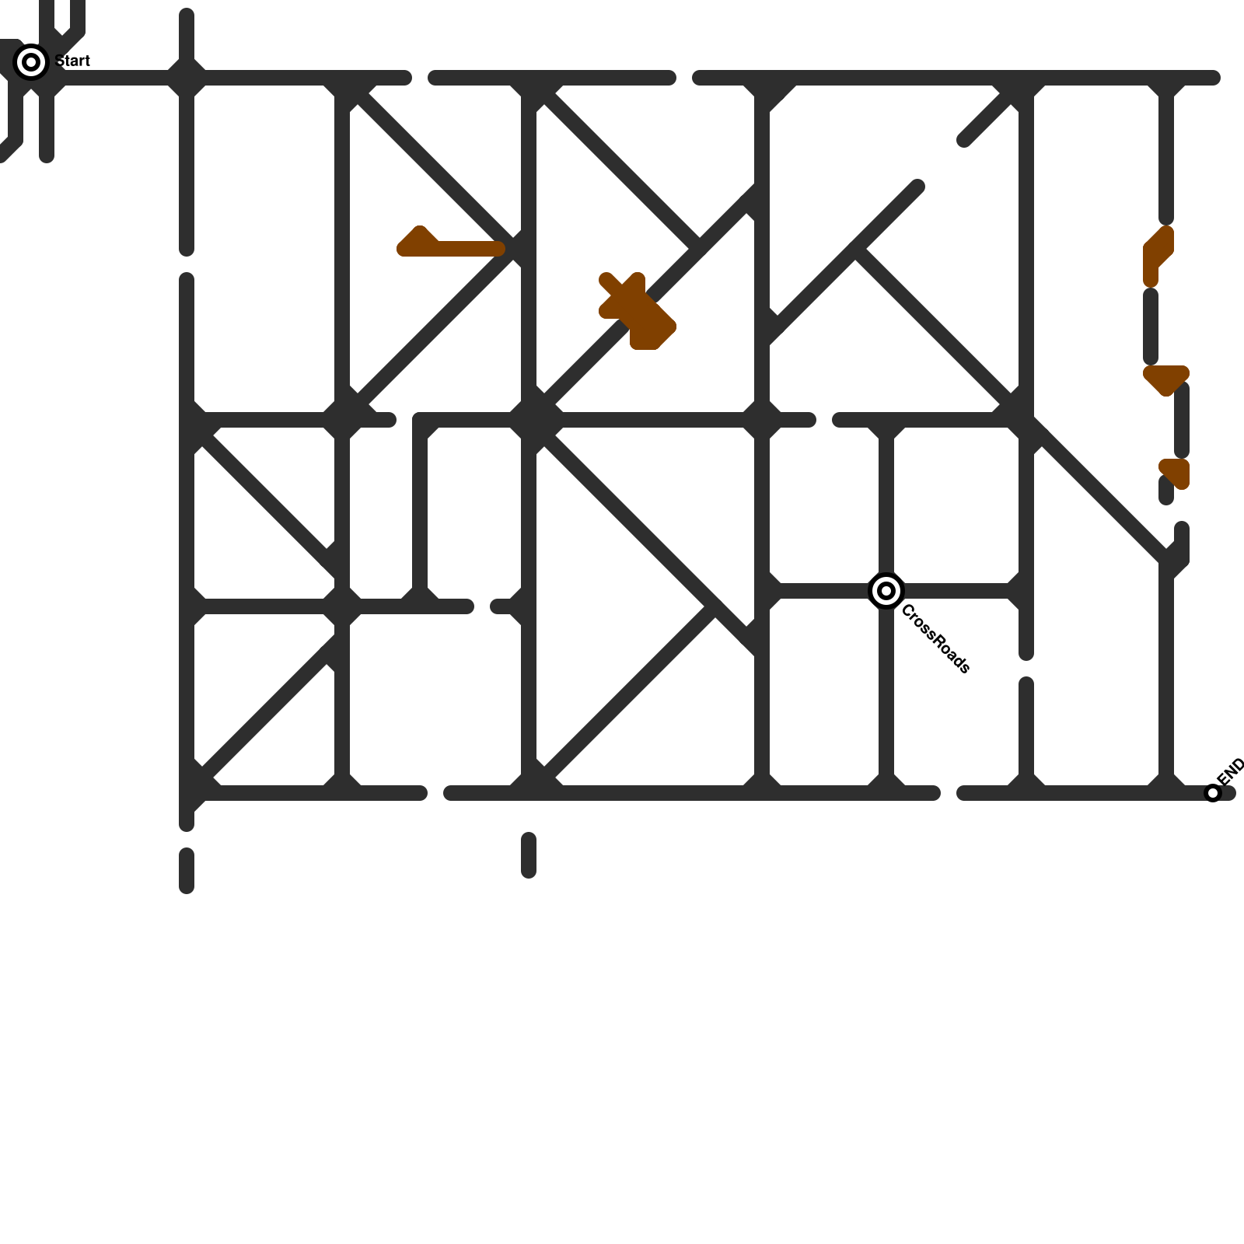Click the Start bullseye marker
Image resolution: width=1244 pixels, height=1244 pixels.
click(31, 62)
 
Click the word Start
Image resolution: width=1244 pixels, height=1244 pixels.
click(73, 61)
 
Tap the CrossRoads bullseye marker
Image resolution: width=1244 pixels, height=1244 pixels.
click(886, 591)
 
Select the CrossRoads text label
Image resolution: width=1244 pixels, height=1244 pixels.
click(935, 639)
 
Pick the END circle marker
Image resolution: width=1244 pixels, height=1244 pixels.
click(1212, 793)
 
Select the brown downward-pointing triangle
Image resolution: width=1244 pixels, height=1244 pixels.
click(1165, 379)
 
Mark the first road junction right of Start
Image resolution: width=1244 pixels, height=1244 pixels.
click(187, 78)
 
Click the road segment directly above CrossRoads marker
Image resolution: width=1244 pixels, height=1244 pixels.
click(886, 505)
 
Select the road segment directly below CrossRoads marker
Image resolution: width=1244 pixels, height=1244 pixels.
click(886, 692)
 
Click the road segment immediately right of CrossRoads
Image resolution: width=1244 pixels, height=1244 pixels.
click(956, 591)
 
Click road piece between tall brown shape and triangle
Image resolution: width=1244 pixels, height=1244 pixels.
click(1151, 327)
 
